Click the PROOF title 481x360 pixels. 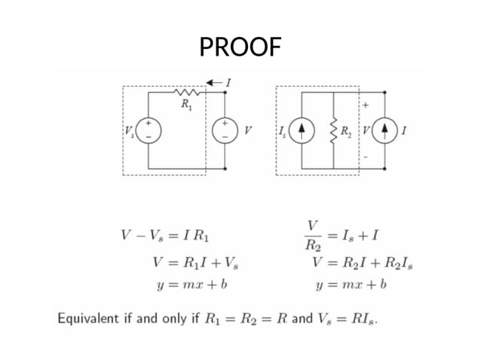tap(240, 48)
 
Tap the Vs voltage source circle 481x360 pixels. tap(149, 130)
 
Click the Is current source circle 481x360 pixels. tap(302, 130)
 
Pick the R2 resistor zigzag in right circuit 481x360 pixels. tap(332, 130)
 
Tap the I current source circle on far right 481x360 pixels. tap(385, 130)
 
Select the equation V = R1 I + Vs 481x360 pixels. tap(195, 264)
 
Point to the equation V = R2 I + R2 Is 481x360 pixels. tap(362, 264)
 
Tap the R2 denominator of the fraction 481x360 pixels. tap(313, 245)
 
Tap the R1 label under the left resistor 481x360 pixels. tap(185, 105)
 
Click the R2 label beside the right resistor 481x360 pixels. tap(345, 130)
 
